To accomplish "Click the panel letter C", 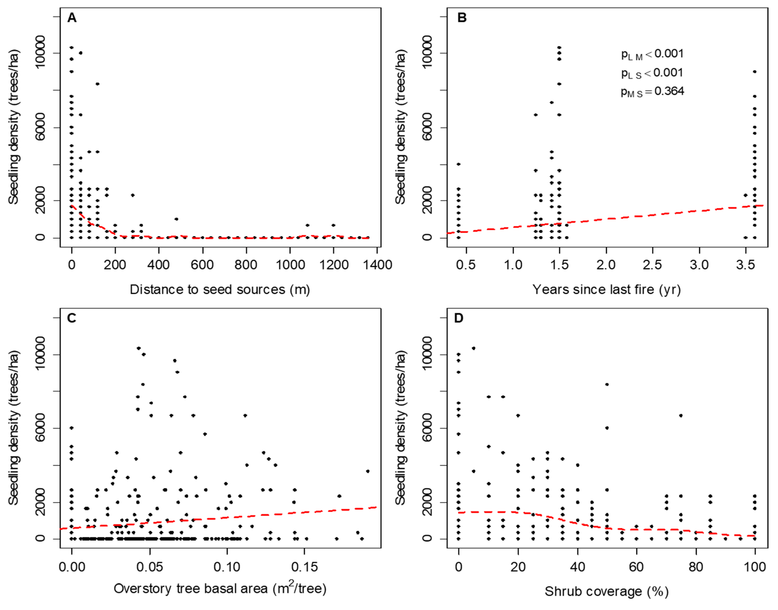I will point(71,318).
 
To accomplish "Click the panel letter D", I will point(458,318).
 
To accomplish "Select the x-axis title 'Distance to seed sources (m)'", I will point(220,289).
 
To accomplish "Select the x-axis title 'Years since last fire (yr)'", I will point(607,289).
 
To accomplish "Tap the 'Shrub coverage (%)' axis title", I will point(606,591).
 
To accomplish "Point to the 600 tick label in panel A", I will point(202,265).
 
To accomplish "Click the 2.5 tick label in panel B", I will point(652,265).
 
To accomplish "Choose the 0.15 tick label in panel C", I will point(304,567).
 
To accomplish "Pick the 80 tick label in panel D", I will point(695,567).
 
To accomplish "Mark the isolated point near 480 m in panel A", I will point(176,219).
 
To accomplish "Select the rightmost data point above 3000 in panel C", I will point(367,471).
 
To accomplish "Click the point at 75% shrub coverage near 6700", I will point(681,415).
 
